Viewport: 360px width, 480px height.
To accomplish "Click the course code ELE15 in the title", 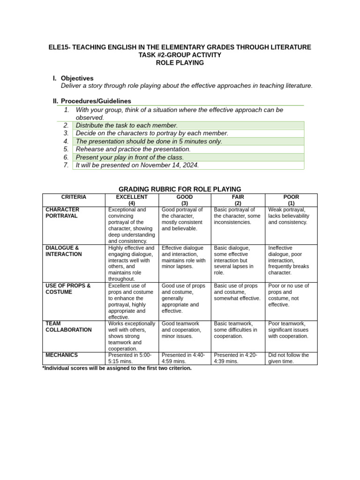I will point(59,47).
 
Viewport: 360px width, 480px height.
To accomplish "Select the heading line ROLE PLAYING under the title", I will point(180,62).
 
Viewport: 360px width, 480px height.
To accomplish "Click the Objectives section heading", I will point(77,78).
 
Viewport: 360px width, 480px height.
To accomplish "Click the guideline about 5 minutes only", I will point(149,141).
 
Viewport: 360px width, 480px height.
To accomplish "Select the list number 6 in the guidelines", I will point(67,157).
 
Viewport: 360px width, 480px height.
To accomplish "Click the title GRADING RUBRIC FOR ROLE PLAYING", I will point(180,189).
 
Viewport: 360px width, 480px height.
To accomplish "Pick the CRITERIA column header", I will point(74,197).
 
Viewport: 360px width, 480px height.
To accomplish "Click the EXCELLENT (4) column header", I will point(132,200).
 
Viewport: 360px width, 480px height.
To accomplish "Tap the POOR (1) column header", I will point(291,200).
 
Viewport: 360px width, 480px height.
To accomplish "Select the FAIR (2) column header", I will point(238,200).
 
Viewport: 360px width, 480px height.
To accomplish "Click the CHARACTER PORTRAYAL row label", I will point(62,213).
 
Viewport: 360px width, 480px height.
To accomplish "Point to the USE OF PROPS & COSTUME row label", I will point(68,289).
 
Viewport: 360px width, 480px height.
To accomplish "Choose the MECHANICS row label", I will point(62,355).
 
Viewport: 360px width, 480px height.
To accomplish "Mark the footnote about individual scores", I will point(117,368).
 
